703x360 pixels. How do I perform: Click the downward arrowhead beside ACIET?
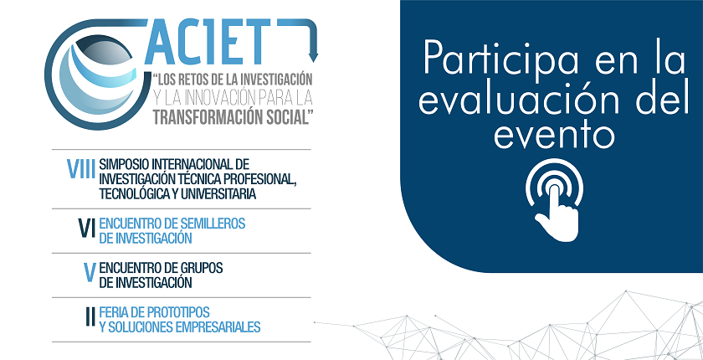click(x=313, y=58)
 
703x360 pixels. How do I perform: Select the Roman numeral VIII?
click(x=80, y=169)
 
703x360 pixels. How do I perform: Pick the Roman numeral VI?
click(x=86, y=228)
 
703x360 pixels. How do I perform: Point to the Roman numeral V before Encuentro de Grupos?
click(x=90, y=272)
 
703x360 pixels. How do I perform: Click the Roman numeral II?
click(x=90, y=316)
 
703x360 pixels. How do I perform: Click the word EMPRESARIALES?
click(x=218, y=327)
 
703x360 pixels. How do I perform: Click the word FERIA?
click(x=114, y=311)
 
